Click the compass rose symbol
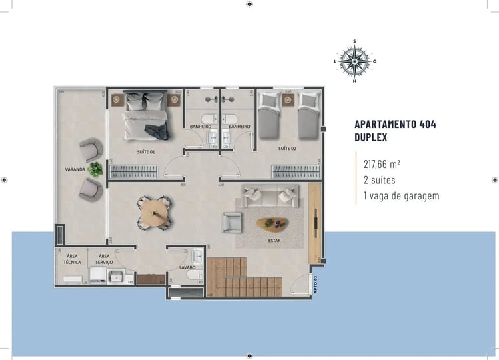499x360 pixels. click(354, 61)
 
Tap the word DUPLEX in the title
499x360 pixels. click(371, 138)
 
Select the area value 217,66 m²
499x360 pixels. click(382, 163)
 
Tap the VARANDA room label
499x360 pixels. click(74, 169)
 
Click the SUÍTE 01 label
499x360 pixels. click(146, 151)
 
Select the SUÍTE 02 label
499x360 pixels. click(287, 148)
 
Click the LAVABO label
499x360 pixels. click(187, 267)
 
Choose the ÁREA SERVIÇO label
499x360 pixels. click(104, 259)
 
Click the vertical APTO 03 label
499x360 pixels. click(315, 284)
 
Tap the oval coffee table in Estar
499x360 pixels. click(272, 223)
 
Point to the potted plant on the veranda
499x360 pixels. click(95, 169)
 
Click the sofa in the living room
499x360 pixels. click(270, 196)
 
